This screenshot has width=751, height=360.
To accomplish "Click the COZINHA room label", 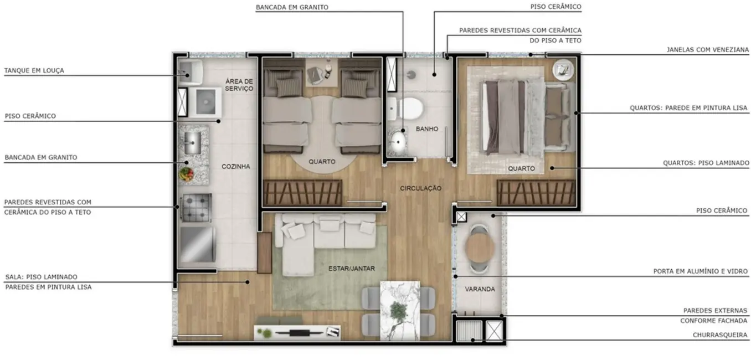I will [235, 166].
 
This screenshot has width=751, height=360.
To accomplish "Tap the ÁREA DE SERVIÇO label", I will [239, 85].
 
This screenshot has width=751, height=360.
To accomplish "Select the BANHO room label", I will [427, 129].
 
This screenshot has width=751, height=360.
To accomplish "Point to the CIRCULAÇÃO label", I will [421, 188].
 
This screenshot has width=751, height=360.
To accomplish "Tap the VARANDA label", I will [480, 289].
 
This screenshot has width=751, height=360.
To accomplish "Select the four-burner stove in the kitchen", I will [196, 208].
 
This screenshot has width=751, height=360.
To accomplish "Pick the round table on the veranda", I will [479, 249].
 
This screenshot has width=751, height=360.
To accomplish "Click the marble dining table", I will [399, 310].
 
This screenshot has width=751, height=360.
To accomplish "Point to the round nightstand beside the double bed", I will [563, 69].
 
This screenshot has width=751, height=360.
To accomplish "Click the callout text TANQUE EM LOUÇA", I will [34, 71].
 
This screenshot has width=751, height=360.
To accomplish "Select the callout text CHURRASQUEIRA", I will [720, 335].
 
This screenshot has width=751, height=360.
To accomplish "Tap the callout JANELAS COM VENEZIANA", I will [707, 50].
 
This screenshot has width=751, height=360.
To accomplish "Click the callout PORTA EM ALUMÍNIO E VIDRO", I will [701, 272].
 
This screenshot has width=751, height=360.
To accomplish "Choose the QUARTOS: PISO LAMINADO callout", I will [706, 163].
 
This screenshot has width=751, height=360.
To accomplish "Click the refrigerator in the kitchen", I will [197, 244].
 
